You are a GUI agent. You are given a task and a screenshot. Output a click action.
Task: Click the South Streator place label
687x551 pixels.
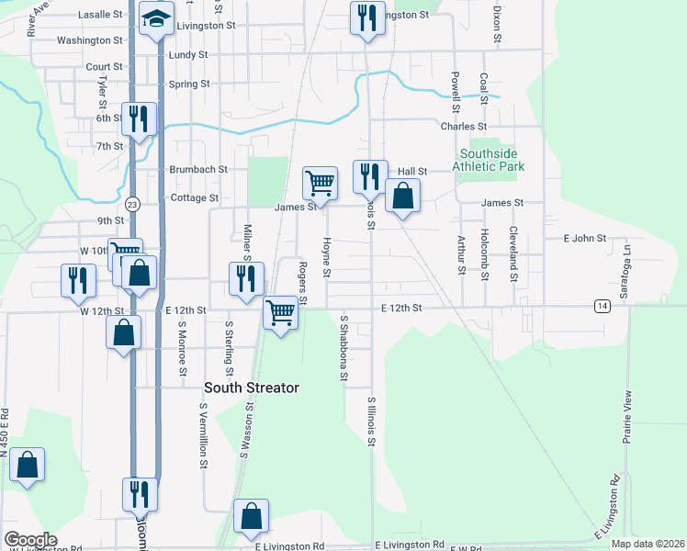point(252,388)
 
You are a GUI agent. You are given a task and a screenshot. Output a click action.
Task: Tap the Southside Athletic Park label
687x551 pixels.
point(492,160)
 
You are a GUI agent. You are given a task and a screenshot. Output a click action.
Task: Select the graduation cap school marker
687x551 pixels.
point(157,18)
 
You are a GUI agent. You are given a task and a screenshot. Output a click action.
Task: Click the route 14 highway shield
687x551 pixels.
point(602,306)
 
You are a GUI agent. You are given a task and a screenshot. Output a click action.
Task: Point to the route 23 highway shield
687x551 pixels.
point(133,204)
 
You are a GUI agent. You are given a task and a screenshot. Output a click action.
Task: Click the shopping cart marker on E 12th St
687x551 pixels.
point(281,312)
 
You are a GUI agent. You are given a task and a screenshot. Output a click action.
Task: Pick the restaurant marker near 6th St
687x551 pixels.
point(140,119)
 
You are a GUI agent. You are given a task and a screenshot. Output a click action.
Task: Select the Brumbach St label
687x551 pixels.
point(198,170)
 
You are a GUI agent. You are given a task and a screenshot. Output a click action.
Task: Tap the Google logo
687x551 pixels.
point(30,540)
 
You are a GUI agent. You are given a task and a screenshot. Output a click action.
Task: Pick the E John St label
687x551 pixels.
point(584,238)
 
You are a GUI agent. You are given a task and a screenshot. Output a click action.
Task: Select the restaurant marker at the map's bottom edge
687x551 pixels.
point(140,495)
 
